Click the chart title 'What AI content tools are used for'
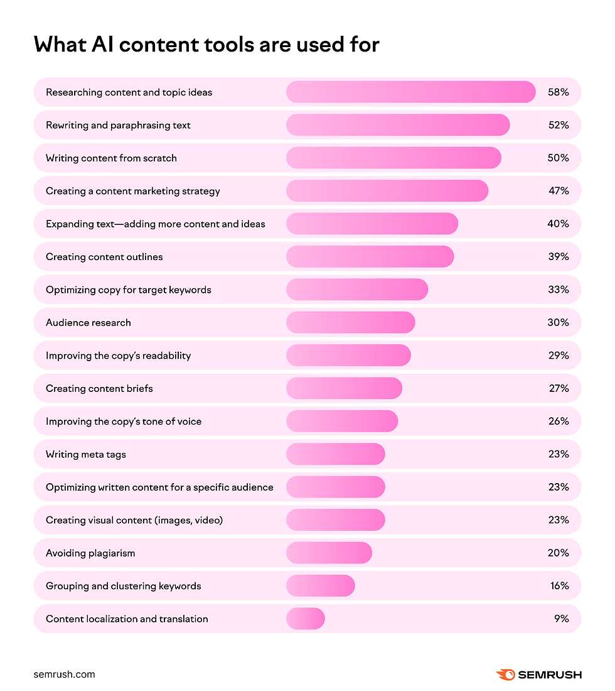click(x=206, y=45)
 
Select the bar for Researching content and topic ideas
click(x=410, y=92)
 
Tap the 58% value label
click(x=558, y=92)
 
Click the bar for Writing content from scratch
click(x=393, y=158)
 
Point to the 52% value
click(x=558, y=125)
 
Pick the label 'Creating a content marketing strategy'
click(x=133, y=191)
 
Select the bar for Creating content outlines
click(x=370, y=257)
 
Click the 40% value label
click(x=558, y=224)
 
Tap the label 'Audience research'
click(x=88, y=323)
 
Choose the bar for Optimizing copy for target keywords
click(x=357, y=290)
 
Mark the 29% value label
click(x=558, y=356)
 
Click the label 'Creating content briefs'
click(x=99, y=388)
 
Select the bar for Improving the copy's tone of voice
click(x=342, y=422)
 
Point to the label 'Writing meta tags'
click(x=86, y=454)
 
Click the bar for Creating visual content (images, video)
click(x=335, y=520)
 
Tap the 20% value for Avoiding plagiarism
click(x=558, y=553)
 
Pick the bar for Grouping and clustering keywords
click(x=320, y=586)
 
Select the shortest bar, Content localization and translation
click(x=306, y=619)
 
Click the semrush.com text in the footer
click(x=64, y=675)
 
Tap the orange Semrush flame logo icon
click(x=505, y=675)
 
